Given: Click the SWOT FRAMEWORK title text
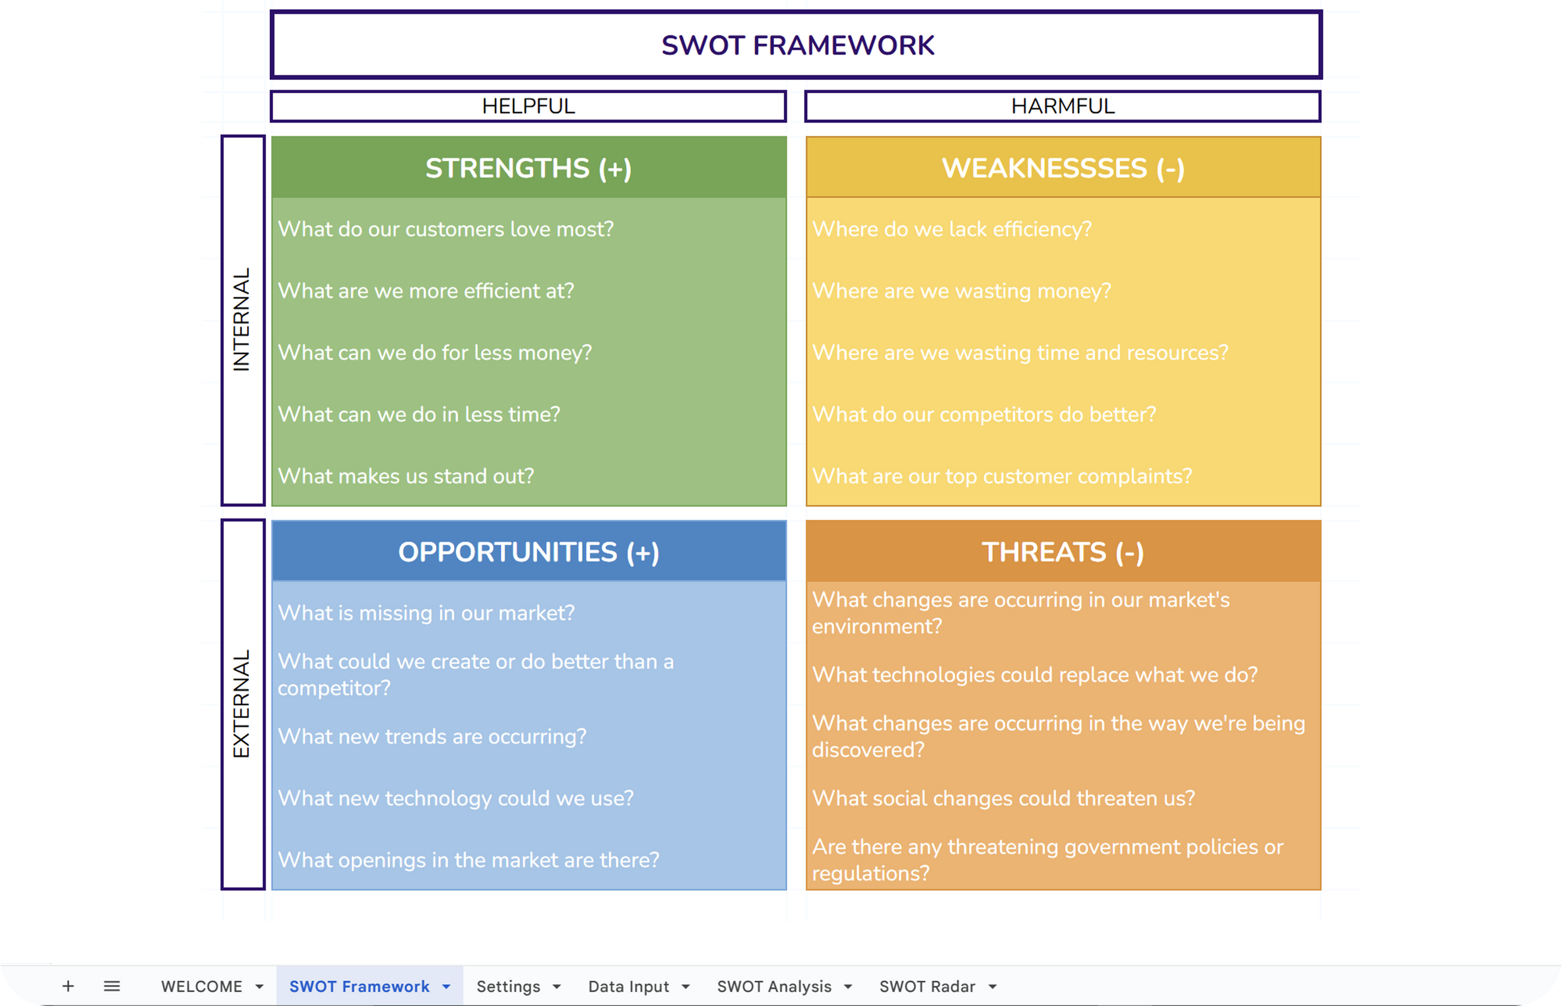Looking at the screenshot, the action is click(x=797, y=46).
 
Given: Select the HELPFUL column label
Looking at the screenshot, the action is click(x=528, y=106).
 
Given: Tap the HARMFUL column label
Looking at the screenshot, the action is click(x=1062, y=106).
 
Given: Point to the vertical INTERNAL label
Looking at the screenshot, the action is click(x=242, y=320).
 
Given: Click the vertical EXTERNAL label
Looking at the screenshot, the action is click(x=242, y=704).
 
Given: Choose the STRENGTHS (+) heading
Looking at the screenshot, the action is click(x=528, y=168).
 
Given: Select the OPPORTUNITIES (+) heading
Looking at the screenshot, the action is click(x=528, y=553).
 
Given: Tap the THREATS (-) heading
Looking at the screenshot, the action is click(x=1062, y=553).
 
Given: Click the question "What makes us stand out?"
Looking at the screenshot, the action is click(x=406, y=476).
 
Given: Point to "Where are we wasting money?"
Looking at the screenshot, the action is click(x=961, y=291).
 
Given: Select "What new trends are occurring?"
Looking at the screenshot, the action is click(x=431, y=737).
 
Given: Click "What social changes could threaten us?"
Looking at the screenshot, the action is click(x=1003, y=798).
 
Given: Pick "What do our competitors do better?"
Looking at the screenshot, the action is click(x=984, y=415).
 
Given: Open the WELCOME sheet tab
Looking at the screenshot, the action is click(x=202, y=986).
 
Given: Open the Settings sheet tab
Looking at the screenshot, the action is click(x=508, y=986).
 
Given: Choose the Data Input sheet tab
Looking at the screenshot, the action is click(x=628, y=986).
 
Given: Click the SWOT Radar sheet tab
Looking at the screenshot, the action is click(x=926, y=986).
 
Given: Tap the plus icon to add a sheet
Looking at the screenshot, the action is click(x=68, y=986).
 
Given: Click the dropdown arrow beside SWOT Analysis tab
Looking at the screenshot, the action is click(x=848, y=986).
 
